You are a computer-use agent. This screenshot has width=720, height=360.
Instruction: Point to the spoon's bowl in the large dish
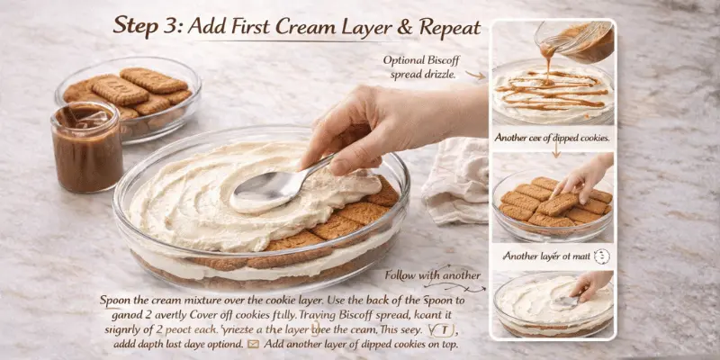click(x=261, y=190)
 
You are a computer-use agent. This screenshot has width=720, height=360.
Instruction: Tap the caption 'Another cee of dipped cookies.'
click(x=552, y=138)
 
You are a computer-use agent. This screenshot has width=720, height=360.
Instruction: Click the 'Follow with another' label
click(x=432, y=274)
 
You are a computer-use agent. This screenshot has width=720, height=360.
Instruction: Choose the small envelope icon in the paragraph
click(x=253, y=343)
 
